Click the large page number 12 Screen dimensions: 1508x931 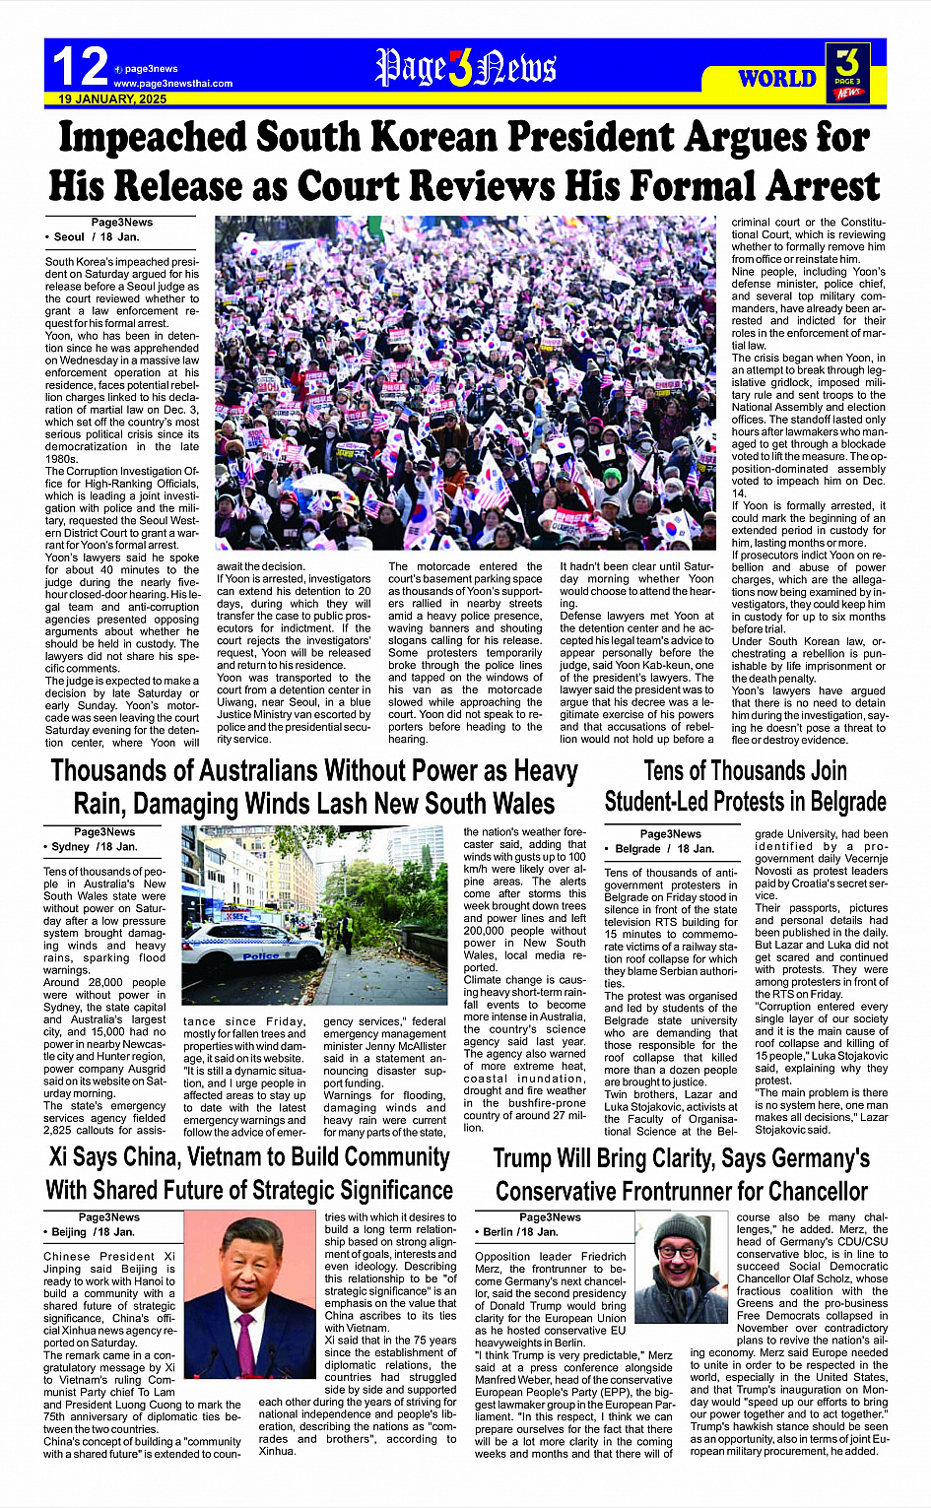point(80,66)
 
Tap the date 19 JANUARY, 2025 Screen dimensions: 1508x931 point(111,99)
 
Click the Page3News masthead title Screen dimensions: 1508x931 point(465,68)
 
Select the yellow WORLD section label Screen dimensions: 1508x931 point(777,79)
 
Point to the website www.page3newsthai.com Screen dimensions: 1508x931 point(172,84)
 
